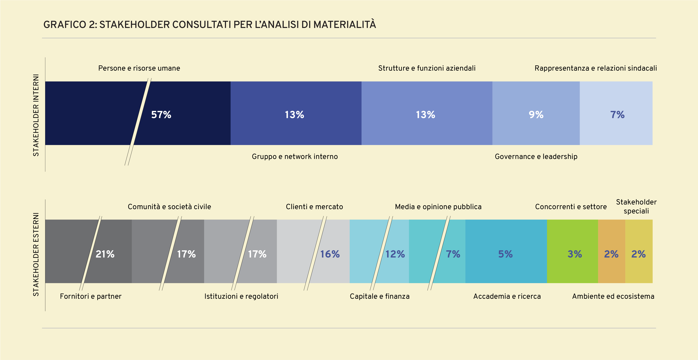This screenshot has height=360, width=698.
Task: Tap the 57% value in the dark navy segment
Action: tap(161, 115)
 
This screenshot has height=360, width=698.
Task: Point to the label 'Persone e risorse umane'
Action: tap(139, 68)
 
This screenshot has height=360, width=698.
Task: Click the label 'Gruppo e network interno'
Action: tap(295, 157)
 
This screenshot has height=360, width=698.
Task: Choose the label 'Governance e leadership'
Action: tap(536, 157)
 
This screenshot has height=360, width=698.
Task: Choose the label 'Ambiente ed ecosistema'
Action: tap(613, 296)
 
